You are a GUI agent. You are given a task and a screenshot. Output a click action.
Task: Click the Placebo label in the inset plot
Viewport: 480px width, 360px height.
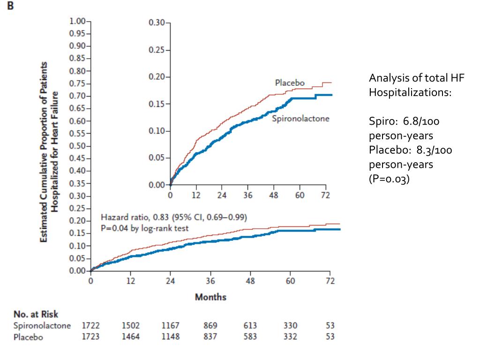pyautogui.click(x=289, y=83)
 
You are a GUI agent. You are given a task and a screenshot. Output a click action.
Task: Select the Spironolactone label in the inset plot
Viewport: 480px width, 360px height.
pyautogui.click(x=300, y=119)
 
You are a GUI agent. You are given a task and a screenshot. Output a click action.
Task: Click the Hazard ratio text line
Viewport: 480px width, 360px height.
pyautogui.click(x=174, y=217)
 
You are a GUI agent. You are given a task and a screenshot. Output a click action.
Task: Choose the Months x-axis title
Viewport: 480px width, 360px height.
pyautogui.click(x=210, y=297)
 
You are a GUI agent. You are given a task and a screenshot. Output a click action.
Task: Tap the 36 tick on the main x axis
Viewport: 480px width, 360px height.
pyautogui.click(x=210, y=281)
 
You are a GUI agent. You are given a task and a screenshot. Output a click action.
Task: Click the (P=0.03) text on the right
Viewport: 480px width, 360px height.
pyautogui.click(x=389, y=179)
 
